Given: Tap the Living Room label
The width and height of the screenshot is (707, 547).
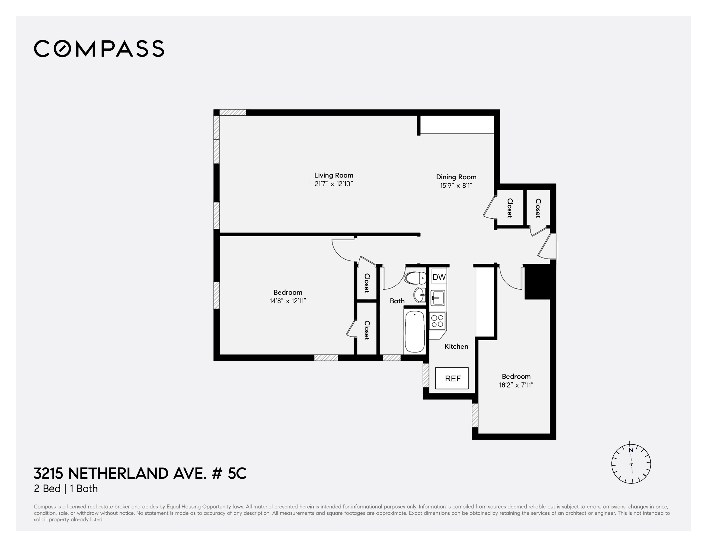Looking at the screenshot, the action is click(333, 175).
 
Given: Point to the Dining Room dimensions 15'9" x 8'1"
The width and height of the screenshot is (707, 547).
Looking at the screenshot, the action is click(456, 185).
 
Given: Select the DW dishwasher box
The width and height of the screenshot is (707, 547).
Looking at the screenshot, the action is click(439, 277).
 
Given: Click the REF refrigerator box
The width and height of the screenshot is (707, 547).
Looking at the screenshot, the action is click(452, 378).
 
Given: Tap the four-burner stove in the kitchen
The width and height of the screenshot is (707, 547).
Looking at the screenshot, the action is click(437, 321).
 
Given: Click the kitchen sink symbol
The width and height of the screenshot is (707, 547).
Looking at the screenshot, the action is click(438, 298).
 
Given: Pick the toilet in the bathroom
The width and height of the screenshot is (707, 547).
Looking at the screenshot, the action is click(415, 278).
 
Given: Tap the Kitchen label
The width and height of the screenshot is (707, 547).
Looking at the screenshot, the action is click(456, 346).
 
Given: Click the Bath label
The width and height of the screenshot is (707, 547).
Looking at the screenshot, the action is click(397, 301).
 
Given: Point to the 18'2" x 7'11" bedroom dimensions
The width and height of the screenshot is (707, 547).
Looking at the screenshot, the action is click(516, 385).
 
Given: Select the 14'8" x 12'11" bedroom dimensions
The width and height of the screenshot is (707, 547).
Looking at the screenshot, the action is click(288, 301).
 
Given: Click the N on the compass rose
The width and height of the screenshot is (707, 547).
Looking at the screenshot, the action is click(631, 450).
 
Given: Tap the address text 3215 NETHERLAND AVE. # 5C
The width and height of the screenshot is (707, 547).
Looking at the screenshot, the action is click(140, 474).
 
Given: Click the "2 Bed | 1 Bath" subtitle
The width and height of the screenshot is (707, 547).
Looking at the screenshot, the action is click(66, 489).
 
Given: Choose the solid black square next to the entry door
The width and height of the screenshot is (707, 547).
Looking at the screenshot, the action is click(537, 282).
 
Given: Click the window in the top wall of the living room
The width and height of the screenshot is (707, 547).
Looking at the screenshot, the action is click(233, 112).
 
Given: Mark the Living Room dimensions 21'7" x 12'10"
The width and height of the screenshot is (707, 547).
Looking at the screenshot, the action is click(333, 184).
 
